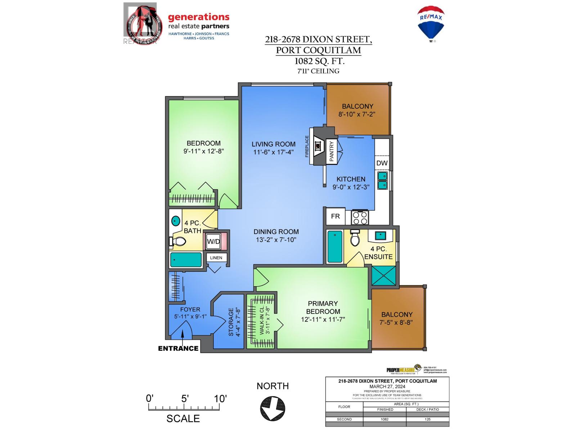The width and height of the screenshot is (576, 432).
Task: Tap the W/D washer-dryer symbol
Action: click(x=213, y=242)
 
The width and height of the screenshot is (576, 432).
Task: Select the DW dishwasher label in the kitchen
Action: click(x=382, y=163)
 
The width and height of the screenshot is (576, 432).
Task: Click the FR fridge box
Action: click(x=335, y=216)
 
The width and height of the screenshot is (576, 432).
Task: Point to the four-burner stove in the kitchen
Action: click(x=360, y=217)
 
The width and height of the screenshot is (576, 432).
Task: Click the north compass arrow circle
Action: click(x=273, y=408)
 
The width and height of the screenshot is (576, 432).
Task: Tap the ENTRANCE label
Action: click(x=178, y=348)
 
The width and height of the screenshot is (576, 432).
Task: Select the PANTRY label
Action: click(x=332, y=151)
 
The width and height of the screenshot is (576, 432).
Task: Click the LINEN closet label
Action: click(x=216, y=258)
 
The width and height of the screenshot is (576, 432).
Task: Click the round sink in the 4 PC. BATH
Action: click(x=176, y=221)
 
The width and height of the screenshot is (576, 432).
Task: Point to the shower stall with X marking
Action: click(x=383, y=276)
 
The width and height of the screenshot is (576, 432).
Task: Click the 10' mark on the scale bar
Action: click(x=220, y=399)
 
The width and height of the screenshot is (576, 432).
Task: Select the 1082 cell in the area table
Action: click(x=384, y=419)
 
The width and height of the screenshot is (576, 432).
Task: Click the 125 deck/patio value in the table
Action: click(x=427, y=419)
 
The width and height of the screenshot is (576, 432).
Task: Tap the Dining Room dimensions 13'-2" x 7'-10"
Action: click(x=276, y=240)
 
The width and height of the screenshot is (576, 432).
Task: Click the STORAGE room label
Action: click(x=231, y=322)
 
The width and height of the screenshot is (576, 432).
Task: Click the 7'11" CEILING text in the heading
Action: click(x=318, y=71)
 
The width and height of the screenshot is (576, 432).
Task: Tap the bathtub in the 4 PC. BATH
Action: click(x=186, y=260)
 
